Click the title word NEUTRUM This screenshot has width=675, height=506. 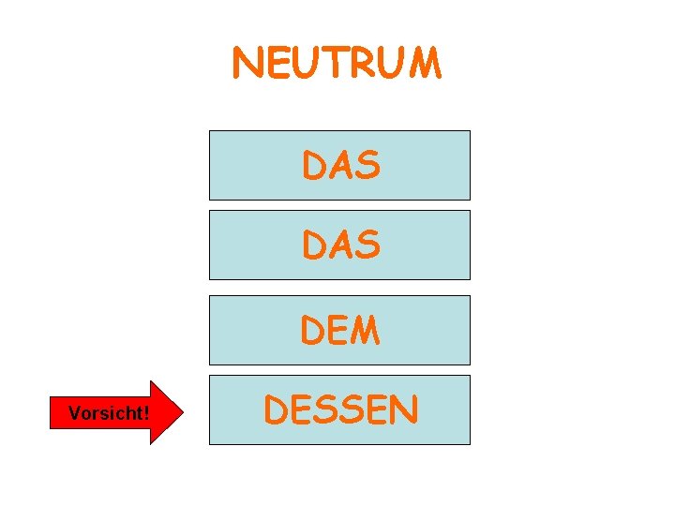click(x=337, y=64)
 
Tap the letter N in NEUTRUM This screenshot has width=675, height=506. click(x=247, y=64)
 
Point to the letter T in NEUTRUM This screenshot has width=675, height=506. click(x=334, y=64)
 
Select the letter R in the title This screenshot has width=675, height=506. click(x=363, y=64)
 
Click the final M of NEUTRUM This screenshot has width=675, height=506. click(x=423, y=64)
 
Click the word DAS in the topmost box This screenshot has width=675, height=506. click(x=340, y=166)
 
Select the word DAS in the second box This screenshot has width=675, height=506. click(x=340, y=246)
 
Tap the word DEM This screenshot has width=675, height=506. click(x=340, y=331)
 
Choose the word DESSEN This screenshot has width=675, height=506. click(x=340, y=409)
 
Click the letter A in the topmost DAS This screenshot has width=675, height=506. click(x=340, y=166)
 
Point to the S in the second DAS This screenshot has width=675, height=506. click(x=368, y=246)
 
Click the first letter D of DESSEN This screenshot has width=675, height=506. click(x=277, y=409)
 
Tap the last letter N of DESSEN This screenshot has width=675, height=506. click(x=404, y=409)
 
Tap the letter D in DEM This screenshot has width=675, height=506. click(x=313, y=331)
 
